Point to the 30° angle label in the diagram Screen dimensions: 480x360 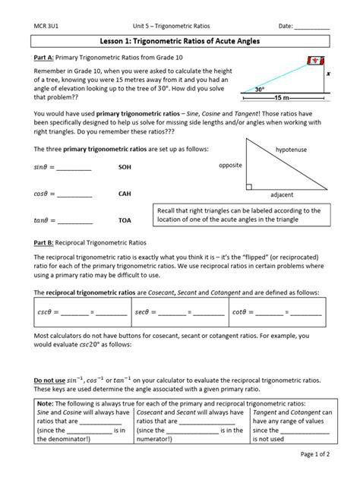tap(261, 90)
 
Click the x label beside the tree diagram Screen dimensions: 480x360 tap(328, 75)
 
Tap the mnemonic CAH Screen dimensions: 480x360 tap(125, 194)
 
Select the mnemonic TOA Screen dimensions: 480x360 tap(125, 221)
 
